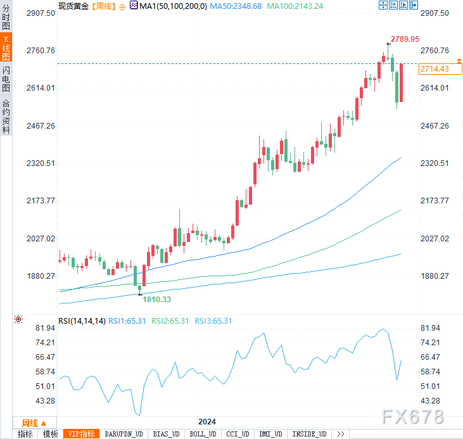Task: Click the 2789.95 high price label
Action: pyautogui.click(x=405, y=39)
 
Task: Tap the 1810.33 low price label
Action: pyautogui.click(x=156, y=299)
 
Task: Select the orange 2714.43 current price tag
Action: pyautogui.click(x=434, y=68)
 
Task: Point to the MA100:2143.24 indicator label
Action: pyautogui.click(x=295, y=6)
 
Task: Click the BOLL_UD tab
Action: pyautogui.click(x=202, y=434)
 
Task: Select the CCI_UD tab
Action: pyautogui.click(x=238, y=434)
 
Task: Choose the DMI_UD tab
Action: pyautogui.click(x=271, y=434)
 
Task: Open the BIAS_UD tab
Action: pyautogui.click(x=167, y=434)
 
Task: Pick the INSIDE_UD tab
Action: pyautogui.click(x=309, y=434)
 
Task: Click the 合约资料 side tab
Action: pyautogui.click(x=6, y=116)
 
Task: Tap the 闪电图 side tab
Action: pyautogui.click(x=6, y=79)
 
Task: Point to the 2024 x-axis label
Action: pyautogui.click(x=207, y=422)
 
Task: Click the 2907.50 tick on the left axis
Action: pyautogui.click(x=40, y=13)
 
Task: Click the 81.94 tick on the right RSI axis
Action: pyautogui.click(x=430, y=328)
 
